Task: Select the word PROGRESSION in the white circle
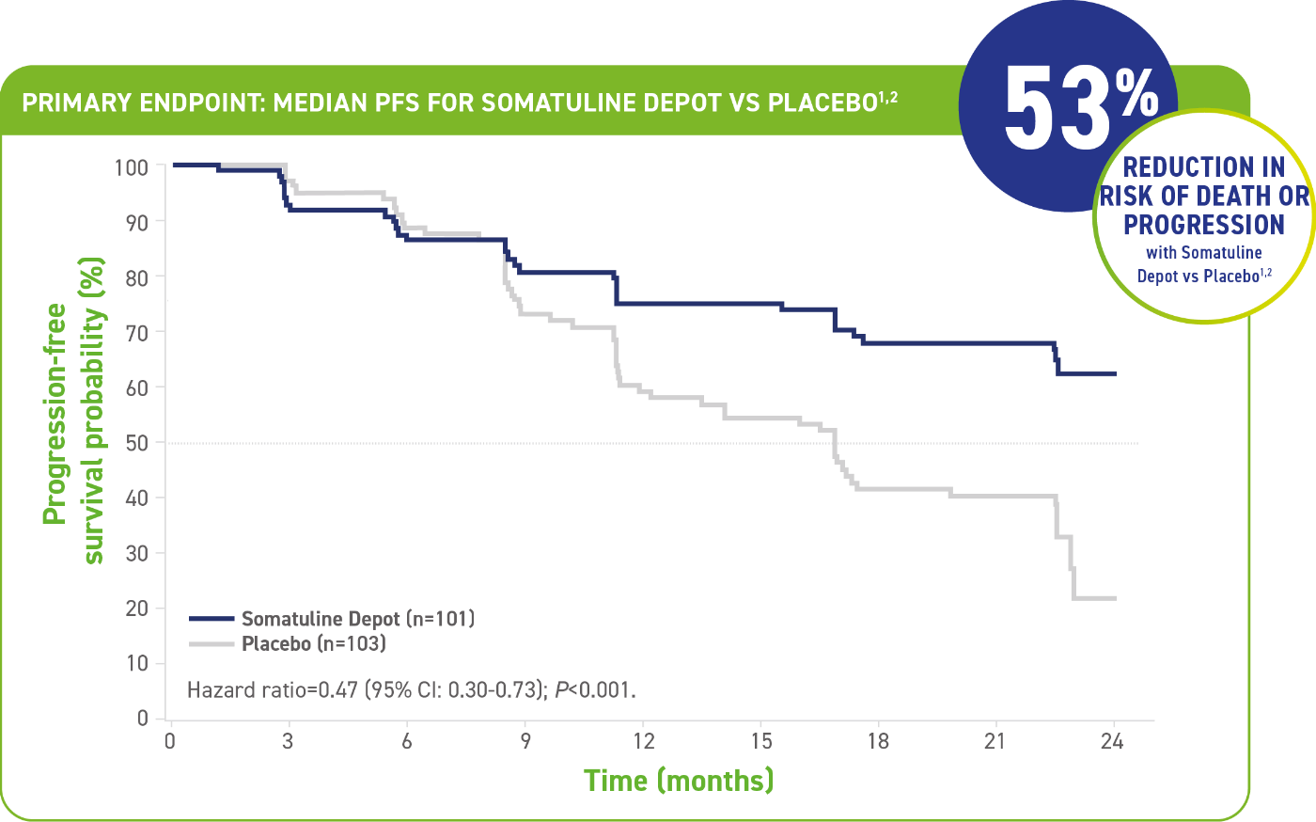pyautogui.click(x=1203, y=226)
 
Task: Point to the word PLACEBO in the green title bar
pyautogui.click(x=822, y=103)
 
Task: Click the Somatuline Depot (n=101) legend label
pyautogui.click(x=357, y=619)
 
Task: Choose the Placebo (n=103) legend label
pyautogui.click(x=314, y=644)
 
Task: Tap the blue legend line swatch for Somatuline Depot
pyautogui.click(x=211, y=619)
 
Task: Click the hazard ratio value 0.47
pyautogui.click(x=337, y=690)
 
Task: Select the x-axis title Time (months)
pyautogui.click(x=679, y=781)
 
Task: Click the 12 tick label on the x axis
pyautogui.click(x=643, y=742)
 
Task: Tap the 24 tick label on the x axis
pyautogui.click(x=1112, y=742)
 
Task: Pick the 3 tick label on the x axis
pyautogui.click(x=288, y=742)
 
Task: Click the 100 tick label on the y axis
pyautogui.click(x=132, y=167)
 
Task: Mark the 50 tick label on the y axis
pyautogui.click(x=137, y=443)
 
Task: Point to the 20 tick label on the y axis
pyautogui.click(x=137, y=609)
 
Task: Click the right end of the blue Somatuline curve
pyautogui.click(x=1115, y=374)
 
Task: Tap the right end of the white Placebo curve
pyautogui.click(x=1115, y=598)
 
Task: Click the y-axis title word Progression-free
pyautogui.click(x=55, y=414)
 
